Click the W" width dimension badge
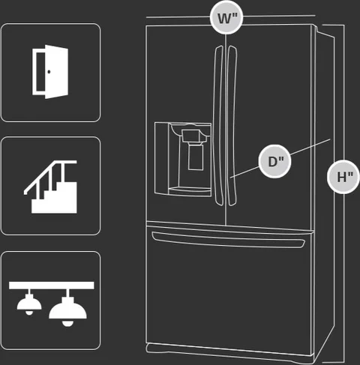click(226, 18)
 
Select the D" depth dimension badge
click(274, 161)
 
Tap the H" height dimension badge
click(343, 177)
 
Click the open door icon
click(50, 72)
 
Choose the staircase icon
click(50, 187)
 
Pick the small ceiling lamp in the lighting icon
click(29, 303)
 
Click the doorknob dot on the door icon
click(49, 72)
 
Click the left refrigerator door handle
click(218, 125)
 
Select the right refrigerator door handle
click(232, 125)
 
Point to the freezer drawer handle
click(228, 240)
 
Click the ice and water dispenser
click(183, 159)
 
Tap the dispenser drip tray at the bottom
click(190, 191)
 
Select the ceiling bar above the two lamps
click(52, 286)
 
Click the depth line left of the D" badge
click(244, 172)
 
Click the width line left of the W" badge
click(178, 17)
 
